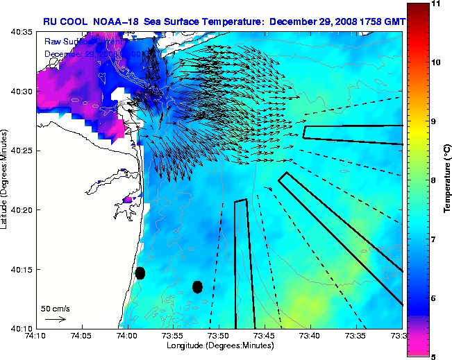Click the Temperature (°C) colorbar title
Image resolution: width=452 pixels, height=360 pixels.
pyautogui.click(x=448, y=180)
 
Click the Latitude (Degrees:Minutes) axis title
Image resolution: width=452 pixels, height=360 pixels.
pyautogui.click(x=6, y=180)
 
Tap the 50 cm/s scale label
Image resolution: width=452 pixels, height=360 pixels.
pyautogui.click(x=55, y=308)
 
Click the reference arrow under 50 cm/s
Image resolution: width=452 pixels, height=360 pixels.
pyautogui.click(x=55, y=319)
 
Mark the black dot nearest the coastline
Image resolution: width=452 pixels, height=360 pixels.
pyautogui.click(x=140, y=273)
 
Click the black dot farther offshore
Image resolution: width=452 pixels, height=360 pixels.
pyautogui.click(x=197, y=286)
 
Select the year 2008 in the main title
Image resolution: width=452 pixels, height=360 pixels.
pyautogui.click(x=345, y=22)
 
